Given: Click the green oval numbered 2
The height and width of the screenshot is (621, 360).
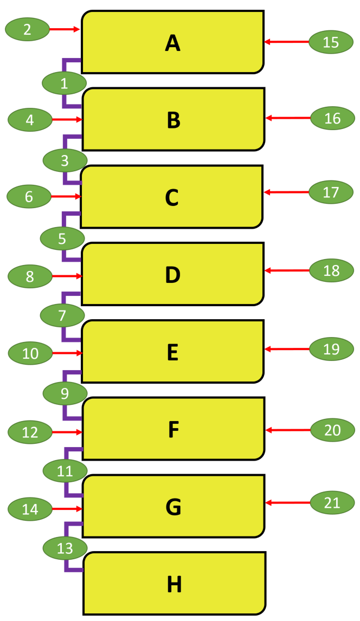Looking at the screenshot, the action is pos(27,29).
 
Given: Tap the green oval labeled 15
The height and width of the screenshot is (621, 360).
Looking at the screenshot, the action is pos(331,42).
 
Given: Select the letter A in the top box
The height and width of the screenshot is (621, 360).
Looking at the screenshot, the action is pos(172,43).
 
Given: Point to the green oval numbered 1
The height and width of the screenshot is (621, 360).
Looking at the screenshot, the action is pos(64,83).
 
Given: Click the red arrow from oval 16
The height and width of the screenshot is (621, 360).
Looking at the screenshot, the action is pos(288,118).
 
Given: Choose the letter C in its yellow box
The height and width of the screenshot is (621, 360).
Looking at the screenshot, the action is pos(172,197).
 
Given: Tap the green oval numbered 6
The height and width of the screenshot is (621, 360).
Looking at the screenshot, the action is pos(29,197).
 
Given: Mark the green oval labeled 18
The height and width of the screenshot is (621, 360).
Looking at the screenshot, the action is pos(331,270).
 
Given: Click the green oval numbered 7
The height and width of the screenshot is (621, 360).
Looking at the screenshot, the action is pos(62,316).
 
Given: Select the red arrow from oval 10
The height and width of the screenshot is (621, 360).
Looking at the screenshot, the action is pos(67,353).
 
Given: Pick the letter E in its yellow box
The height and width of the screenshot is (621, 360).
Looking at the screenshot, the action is pos(172,352).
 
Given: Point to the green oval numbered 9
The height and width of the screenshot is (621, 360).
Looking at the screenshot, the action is pos(65,393).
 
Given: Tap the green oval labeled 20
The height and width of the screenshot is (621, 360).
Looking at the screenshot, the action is pos(332,430).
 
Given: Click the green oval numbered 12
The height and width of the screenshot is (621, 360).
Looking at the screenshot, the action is pos(30,432).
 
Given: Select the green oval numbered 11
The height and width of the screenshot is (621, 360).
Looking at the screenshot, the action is pos(65,471).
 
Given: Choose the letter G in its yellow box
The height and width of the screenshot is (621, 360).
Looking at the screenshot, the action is pos(173,507).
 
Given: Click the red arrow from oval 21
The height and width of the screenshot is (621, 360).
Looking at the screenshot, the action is pos(288,502).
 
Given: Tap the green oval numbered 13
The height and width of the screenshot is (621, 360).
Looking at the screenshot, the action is pos(65,548).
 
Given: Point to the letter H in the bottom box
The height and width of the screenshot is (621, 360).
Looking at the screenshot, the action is pos(174,584).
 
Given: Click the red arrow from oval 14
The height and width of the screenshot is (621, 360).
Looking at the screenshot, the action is pos(67,508).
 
